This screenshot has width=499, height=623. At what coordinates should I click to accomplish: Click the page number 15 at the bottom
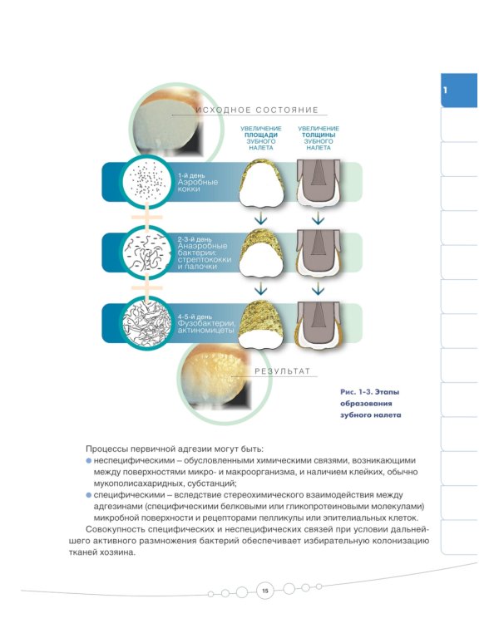(265, 591)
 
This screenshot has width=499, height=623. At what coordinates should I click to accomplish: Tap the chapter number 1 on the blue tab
(445, 91)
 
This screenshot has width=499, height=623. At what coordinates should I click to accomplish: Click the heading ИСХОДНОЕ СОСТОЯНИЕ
(257, 110)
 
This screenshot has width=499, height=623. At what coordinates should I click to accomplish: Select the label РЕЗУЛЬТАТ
(282, 371)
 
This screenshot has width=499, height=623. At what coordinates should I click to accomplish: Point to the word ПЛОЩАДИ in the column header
(261, 135)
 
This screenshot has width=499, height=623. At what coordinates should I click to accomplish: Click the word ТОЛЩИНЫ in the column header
(319, 135)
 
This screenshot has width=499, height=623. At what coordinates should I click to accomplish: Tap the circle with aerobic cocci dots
(147, 182)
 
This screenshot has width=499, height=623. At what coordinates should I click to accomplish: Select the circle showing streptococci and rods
(146, 253)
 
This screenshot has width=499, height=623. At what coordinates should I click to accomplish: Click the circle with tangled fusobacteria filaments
(146, 323)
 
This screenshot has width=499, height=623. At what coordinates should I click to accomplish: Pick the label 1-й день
(191, 175)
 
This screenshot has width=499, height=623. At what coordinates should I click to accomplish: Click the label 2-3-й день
(195, 239)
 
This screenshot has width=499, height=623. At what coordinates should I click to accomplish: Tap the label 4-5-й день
(195, 316)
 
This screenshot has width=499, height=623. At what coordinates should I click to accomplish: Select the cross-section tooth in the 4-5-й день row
(319, 324)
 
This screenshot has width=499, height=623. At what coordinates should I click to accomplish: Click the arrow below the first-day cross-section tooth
(318, 218)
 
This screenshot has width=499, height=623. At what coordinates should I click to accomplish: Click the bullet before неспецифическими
(88, 460)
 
